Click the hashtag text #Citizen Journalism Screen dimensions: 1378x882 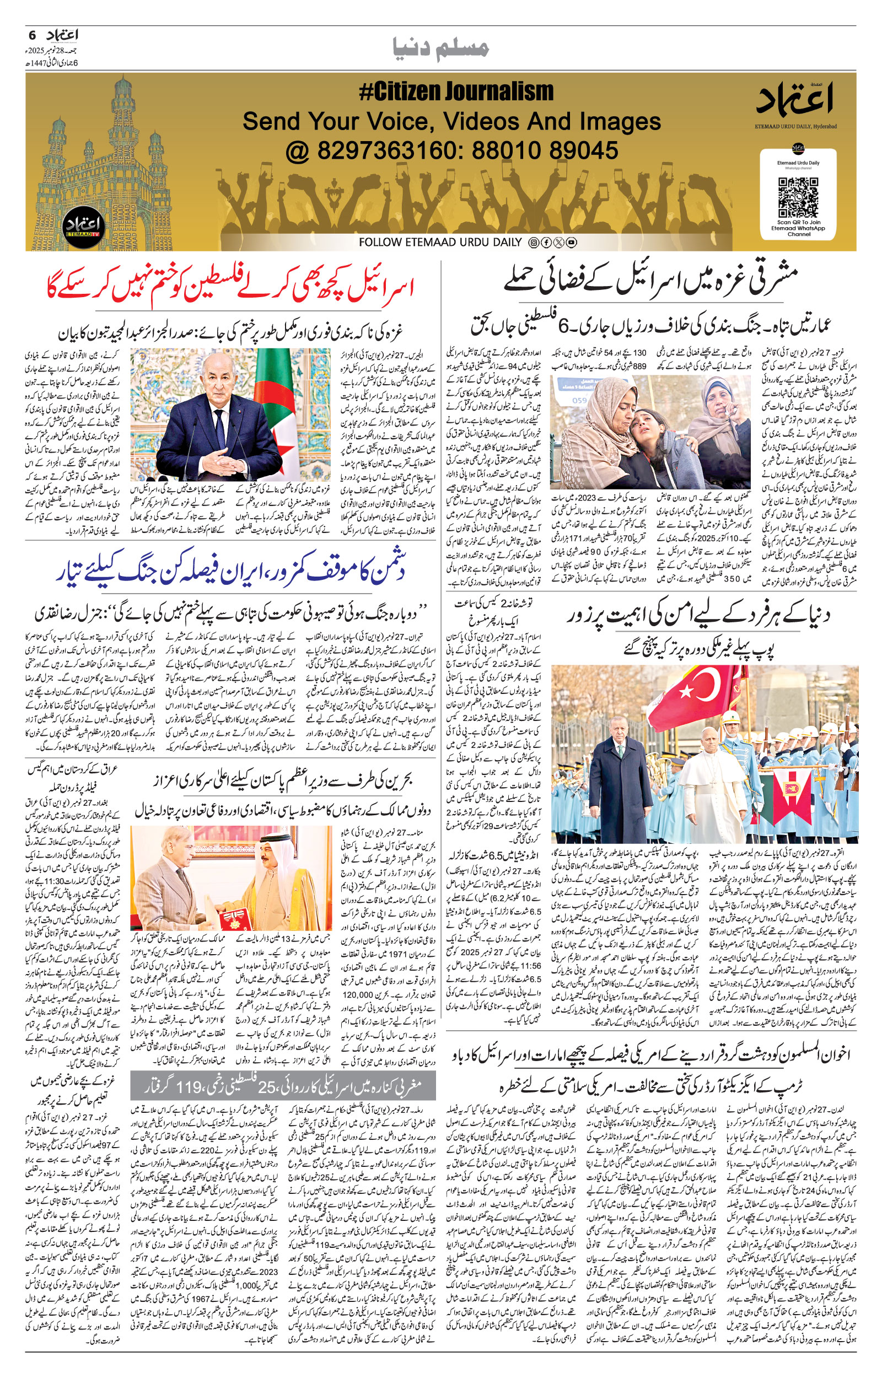coord(456,91)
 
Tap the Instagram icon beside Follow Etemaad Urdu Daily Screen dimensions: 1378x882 coord(534,242)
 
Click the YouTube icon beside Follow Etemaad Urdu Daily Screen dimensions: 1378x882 coord(572,242)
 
